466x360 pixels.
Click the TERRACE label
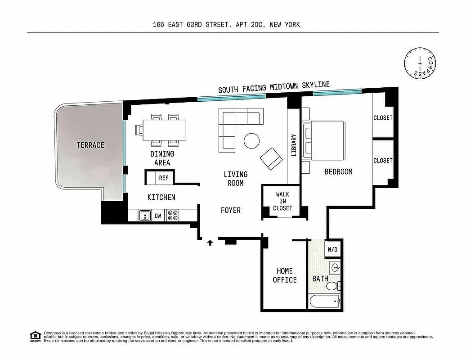[90, 145]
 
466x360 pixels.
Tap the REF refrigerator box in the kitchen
[164, 178]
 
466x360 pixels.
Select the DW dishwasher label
[158, 216]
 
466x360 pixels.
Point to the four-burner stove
[172, 216]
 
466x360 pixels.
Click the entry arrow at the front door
[210, 243]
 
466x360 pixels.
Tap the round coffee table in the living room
[251, 141]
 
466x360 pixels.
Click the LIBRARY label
[294, 145]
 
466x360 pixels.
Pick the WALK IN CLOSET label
[282, 201]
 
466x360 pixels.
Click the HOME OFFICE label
[284, 275]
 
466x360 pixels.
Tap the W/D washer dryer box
[332, 249]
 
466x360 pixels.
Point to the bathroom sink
[335, 268]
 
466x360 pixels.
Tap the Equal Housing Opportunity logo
[34, 336]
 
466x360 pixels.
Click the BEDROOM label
[338, 171]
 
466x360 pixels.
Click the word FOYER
[230, 210]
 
